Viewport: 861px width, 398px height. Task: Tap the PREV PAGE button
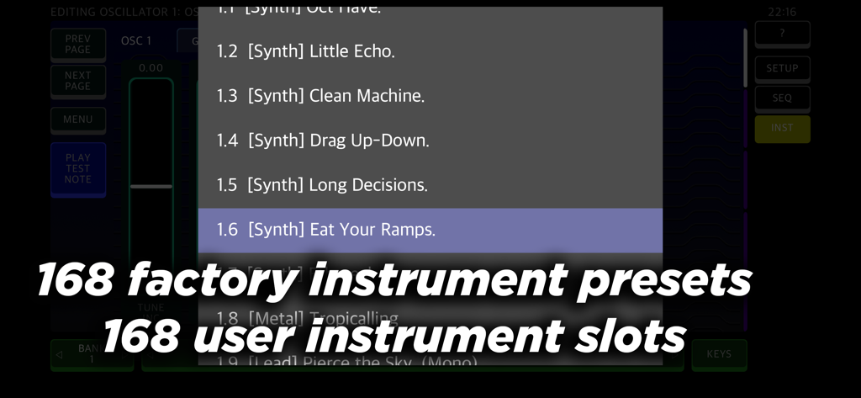click(x=78, y=44)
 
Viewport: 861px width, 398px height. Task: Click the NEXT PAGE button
click(x=78, y=81)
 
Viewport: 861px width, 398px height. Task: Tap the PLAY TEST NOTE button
click(x=78, y=168)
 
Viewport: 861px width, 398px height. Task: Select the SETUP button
click(x=782, y=68)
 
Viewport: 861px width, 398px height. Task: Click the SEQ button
click(x=782, y=98)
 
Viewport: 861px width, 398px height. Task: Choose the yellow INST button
click(x=782, y=128)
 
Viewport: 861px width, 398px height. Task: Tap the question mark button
click(x=782, y=34)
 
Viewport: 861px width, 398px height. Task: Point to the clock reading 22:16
click(x=782, y=12)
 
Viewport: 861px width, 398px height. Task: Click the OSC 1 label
click(x=136, y=40)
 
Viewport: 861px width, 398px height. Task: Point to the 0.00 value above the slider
click(x=151, y=68)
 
